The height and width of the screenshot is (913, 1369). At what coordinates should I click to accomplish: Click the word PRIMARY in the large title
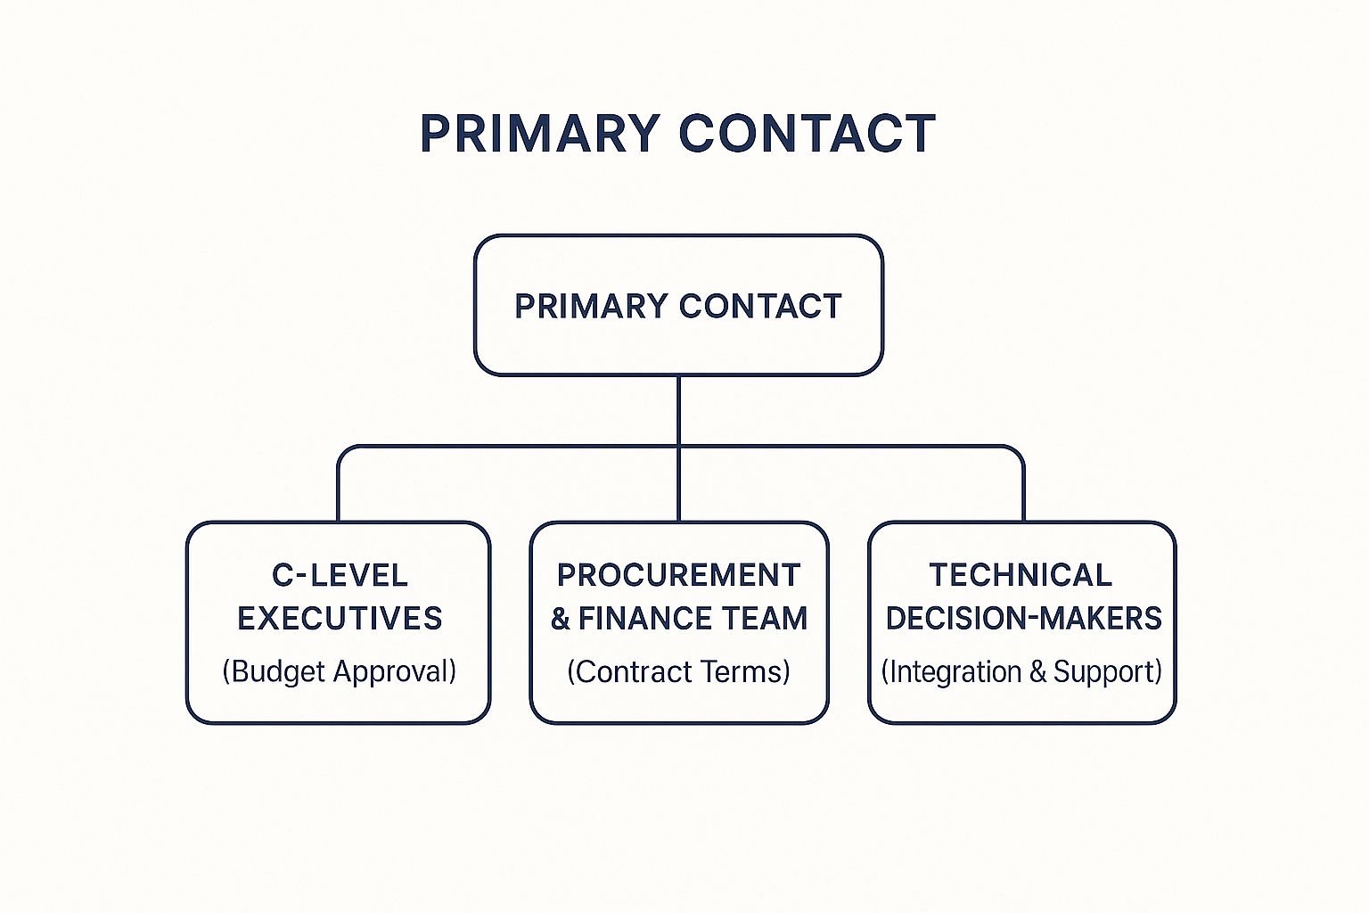point(540,133)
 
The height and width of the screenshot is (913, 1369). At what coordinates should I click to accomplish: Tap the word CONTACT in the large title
point(807,133)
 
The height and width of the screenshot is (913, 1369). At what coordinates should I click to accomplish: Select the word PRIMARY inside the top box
point(591,306)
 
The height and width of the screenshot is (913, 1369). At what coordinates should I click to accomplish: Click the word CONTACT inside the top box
point(760,306)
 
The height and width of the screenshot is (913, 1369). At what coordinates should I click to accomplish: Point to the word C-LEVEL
point(340,575)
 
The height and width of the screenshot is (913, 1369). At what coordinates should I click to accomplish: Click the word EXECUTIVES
point(340,618)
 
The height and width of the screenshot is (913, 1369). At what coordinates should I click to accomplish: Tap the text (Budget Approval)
point(340,670)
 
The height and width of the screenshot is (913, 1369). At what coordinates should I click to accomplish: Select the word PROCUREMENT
point(678,575)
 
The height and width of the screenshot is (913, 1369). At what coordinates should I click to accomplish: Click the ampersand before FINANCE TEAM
point(561,618)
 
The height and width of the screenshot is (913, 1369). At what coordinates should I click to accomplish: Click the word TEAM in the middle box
point(758,618)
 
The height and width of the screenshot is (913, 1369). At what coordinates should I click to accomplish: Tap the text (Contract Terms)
point(678,670)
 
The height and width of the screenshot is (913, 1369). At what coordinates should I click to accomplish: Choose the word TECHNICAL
point(1020,575)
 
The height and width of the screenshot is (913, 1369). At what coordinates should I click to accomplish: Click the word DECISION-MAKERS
point(1024,618)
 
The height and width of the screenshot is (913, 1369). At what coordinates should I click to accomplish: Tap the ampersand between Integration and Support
point(1037,671)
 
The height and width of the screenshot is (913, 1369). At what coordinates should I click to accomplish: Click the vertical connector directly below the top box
point(678,448)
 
